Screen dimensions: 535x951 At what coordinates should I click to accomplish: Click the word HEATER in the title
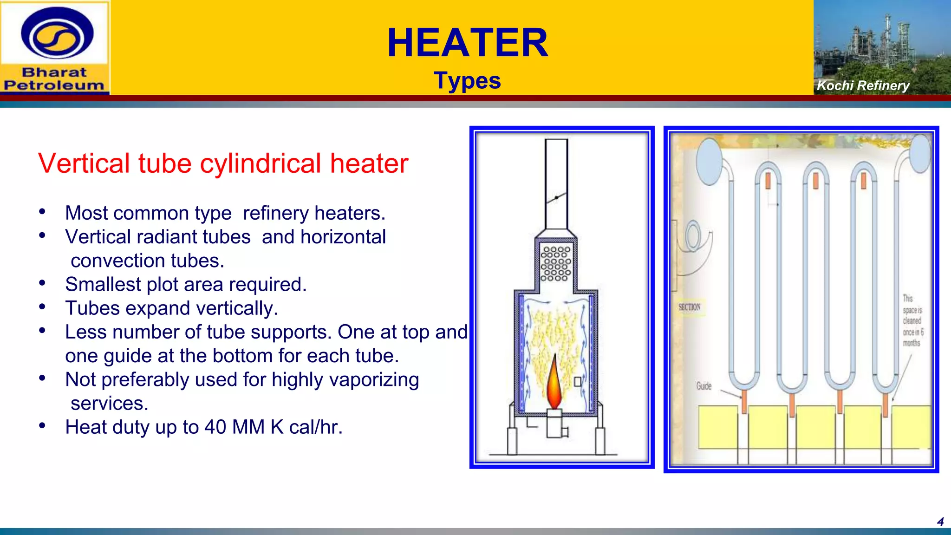468,43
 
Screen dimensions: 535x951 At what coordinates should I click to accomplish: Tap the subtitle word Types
467,81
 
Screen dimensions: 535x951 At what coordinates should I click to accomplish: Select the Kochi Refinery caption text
863,85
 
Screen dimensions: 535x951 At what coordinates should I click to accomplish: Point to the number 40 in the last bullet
215,427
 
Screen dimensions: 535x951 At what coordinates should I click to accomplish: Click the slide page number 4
940,522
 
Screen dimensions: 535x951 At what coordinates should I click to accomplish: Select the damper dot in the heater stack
556,198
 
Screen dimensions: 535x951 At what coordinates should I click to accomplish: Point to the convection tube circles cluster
556,264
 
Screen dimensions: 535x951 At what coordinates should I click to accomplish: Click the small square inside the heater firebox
578,382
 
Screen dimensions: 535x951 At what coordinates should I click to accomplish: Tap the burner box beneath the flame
555,424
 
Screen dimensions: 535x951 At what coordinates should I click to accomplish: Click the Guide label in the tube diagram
703,386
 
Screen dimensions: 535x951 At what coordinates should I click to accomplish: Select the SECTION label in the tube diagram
689,307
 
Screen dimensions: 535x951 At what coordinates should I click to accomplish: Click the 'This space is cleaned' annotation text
912,320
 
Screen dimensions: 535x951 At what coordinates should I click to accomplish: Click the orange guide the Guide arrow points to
744,402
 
